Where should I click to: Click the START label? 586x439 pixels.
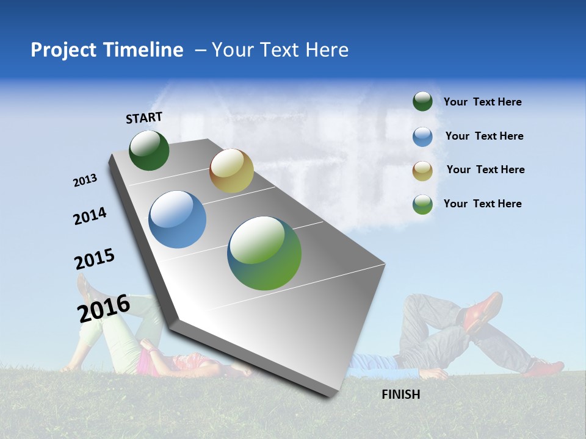pos(144,118)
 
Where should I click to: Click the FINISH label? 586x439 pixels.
pos(400,394)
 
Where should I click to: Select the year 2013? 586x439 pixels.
pos(85,180)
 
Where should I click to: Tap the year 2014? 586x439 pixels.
pos(90,216)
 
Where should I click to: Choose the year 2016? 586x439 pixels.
pos(103,308)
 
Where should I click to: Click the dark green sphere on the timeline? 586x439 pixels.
pos(149,150)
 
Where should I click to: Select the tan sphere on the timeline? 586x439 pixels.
pos(231,171)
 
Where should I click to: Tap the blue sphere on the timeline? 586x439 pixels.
pos(178,220)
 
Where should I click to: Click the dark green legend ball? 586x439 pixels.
pos(422,101)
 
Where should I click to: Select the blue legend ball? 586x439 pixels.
pos(422,137)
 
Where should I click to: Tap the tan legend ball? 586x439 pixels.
pos(422,170)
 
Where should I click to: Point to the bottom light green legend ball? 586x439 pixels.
pos(422,204)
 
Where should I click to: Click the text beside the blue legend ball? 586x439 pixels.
pos(484,136)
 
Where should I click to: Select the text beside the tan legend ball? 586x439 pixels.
pos(485,170)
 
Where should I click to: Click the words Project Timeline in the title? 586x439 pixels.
pos(107,50)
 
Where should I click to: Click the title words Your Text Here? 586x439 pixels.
pos(280,50)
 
